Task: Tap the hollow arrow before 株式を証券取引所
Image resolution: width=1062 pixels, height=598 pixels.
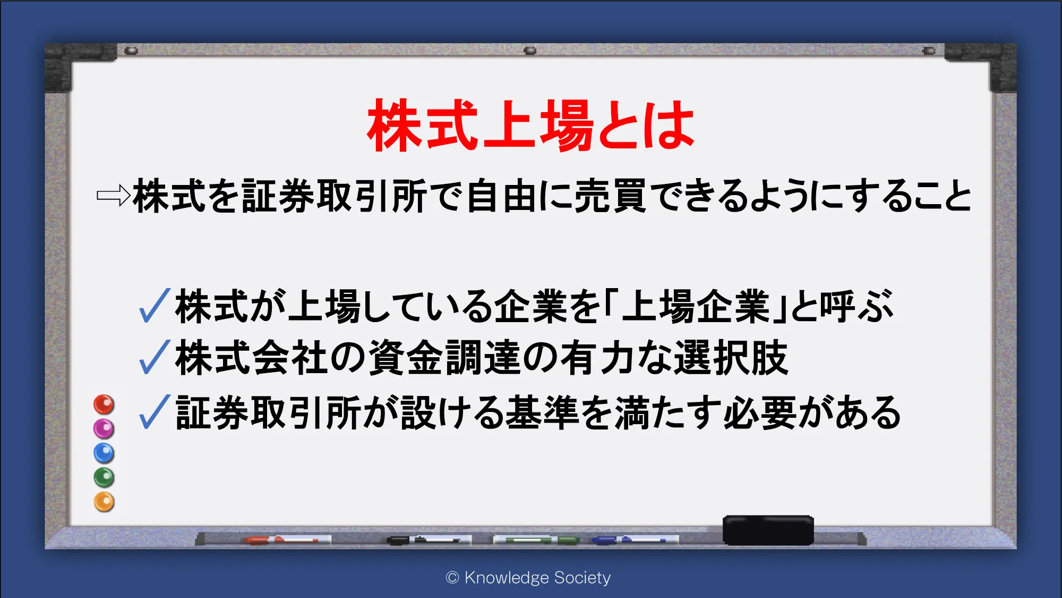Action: pos(114,195)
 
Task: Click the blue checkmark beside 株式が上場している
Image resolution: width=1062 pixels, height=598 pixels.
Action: pos(155,306)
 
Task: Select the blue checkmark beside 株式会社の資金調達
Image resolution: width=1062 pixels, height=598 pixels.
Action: pos(155,357)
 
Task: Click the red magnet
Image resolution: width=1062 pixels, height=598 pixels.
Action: pos(104,405)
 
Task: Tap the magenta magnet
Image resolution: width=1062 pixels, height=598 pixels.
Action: pos(104,428)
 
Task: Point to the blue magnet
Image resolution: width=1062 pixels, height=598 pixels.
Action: pos(104,453)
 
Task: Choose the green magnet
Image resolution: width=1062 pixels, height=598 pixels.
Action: pos(104,477)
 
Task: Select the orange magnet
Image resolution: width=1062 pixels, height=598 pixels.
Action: pos(104,502)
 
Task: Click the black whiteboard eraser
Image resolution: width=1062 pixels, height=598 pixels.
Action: pos(768,530)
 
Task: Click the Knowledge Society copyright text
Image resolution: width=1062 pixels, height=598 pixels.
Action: pos(528,578)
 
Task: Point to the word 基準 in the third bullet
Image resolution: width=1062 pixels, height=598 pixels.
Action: pos(542,412)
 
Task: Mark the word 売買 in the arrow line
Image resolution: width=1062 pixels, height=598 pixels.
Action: pos(610,196)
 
